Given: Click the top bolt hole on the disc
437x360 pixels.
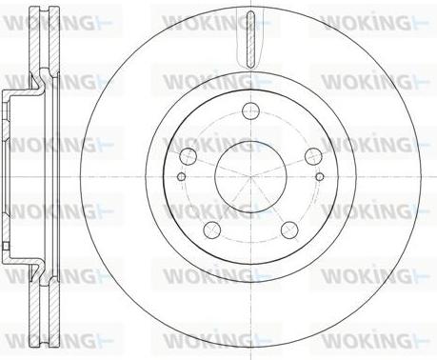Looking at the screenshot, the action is pos(250,110).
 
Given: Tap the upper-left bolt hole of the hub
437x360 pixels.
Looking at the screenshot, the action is pos(189,156).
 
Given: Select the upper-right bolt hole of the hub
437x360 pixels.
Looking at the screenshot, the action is pos(313,156).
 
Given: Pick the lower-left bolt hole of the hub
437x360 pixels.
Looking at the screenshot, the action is pos(212,230).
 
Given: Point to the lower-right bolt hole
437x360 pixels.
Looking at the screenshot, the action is pos(289,230).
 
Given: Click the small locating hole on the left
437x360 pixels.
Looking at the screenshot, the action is pos(181,176).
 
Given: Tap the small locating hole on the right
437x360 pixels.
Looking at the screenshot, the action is pos(320,176).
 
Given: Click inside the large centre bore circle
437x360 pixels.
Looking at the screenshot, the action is pos(250,176).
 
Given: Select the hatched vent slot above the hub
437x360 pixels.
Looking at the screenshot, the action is pos(250,39).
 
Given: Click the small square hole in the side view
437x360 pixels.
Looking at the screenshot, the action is pos(6,247).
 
